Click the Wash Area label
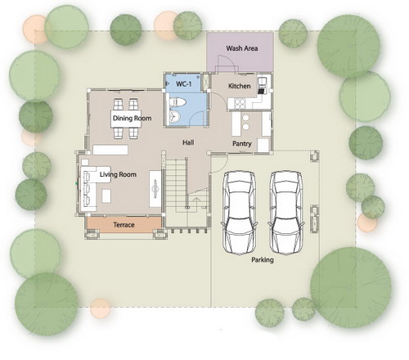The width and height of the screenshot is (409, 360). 242,48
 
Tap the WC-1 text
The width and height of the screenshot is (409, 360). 183,83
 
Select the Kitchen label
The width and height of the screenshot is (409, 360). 239,86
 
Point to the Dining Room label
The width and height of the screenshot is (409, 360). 132,118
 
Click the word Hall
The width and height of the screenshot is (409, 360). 188,142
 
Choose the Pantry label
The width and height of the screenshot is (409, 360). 242,143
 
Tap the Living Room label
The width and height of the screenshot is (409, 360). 118,174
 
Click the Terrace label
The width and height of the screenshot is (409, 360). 124,225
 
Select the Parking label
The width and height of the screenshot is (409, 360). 263,259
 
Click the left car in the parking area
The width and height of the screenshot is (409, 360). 240,213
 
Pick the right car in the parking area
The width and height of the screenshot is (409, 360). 286,212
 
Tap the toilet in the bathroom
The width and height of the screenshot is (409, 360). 178,102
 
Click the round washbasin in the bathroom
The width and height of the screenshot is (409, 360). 174,117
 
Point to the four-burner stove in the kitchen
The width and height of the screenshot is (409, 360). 240,103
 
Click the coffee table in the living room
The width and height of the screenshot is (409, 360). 106,196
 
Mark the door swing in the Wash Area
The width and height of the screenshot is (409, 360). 226,63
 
